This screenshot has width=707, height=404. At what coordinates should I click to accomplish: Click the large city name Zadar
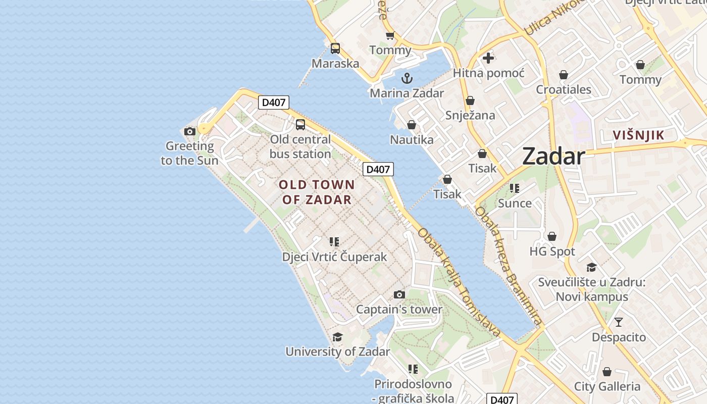tap(554, 156)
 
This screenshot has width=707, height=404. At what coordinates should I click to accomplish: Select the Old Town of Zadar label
tap(317, 192)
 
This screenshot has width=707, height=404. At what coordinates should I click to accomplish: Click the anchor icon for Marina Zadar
tap(407, 78)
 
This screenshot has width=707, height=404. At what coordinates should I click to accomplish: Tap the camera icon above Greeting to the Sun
tap(190, 132)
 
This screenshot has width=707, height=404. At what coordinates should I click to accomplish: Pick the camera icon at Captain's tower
tap(399, 294)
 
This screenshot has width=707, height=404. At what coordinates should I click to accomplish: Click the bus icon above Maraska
tap(335, 48)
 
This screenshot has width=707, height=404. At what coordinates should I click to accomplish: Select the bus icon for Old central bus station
tap(300, 124)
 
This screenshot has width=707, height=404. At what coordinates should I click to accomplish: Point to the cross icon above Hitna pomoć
tap(488, 58)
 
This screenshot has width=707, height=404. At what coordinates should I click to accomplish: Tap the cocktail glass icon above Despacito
tap(619, 322)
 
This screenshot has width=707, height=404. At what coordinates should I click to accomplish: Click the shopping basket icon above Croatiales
tap(564, 75)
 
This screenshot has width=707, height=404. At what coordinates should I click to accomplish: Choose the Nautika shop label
tap(412, 139)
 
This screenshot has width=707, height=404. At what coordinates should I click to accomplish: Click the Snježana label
tap(470, 115)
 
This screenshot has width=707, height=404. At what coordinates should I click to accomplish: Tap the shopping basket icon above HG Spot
tap(552, 236)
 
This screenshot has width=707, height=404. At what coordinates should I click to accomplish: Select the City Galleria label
tap(607, 387)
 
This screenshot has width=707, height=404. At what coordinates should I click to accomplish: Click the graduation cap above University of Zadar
tap(337, 337)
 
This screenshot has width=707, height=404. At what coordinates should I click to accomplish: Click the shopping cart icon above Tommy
tap(390, 35)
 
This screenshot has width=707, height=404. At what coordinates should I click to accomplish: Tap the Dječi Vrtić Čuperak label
tap(334, 257)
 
